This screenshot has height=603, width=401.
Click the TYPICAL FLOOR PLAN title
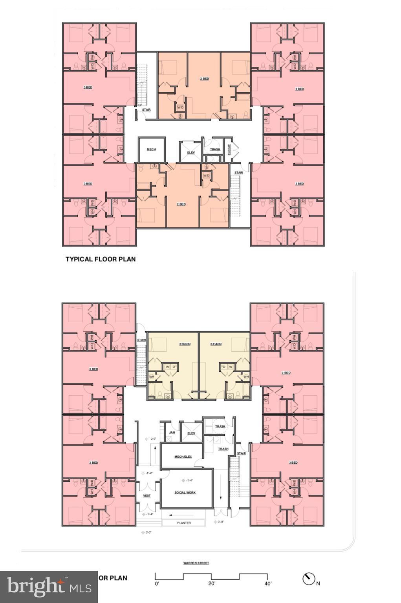[101, 259]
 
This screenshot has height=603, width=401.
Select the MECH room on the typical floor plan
[151, 150]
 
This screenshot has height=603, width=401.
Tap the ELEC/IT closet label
[229, 149]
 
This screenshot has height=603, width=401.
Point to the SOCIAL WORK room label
[185, 492]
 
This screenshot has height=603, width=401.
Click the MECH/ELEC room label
[183, 457]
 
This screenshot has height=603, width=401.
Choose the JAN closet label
[172, 433]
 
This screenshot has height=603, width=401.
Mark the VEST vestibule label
[146, 496]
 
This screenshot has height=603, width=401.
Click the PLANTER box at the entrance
[184, 523]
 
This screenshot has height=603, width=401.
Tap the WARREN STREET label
[196, 563]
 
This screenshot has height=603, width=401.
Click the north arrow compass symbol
[309, 579]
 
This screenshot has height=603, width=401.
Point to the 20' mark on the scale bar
[212, 583]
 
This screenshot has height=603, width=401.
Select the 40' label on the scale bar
[267, 583]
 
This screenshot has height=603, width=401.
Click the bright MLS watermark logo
[49, 587]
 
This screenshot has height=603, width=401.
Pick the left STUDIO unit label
[185, 344]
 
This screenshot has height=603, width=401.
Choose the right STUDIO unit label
[216, 344]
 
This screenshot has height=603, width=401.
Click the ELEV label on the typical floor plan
[191, 152]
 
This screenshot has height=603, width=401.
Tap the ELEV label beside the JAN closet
[191, 433]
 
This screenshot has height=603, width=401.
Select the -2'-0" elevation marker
[151, 439]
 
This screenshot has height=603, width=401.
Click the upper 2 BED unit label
[204, 79]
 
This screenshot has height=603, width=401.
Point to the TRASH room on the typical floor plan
[215, 149]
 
